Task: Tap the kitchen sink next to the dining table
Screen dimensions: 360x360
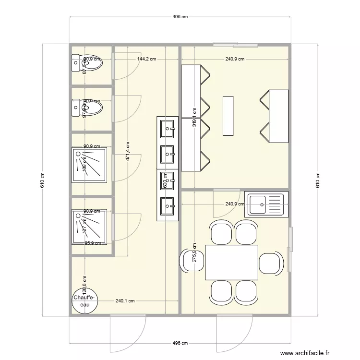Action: coord(266,204)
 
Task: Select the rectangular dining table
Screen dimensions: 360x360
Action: coord(231,262)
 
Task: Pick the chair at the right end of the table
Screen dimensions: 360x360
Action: coord(271,262)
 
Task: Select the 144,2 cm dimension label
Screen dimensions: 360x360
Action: coord(146,60)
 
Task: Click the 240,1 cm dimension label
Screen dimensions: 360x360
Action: coord(125,301)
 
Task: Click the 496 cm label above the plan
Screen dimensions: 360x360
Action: coord(180,17)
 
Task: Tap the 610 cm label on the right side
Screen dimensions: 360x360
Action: coord(317,180)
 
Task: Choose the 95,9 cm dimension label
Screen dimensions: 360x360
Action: coord(93,243)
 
